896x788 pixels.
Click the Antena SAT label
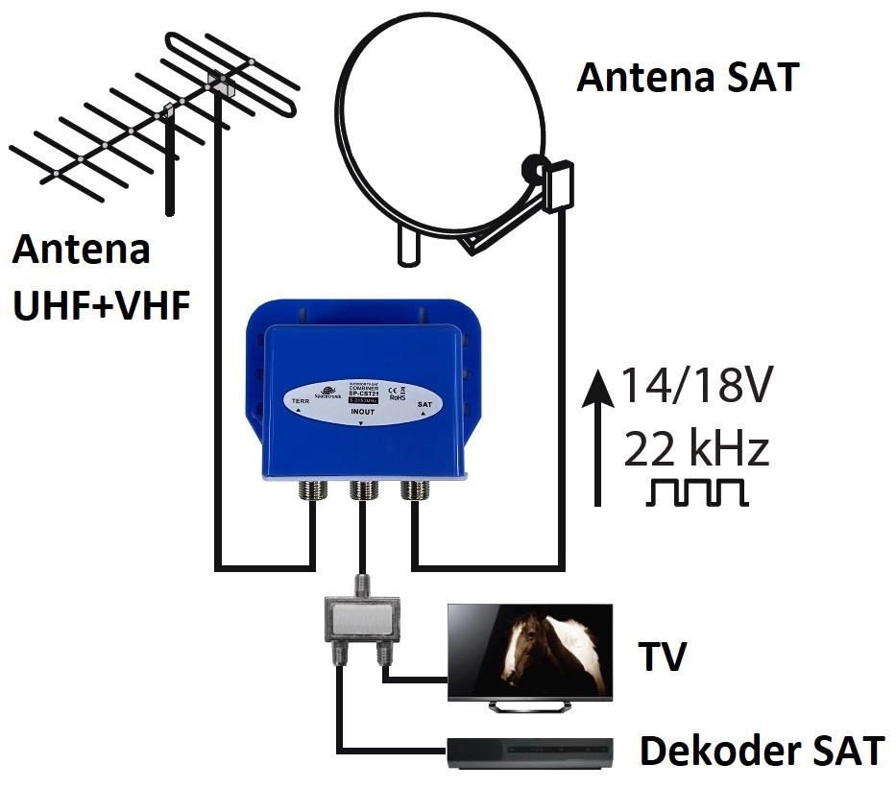687,78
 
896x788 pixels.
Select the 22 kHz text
695,448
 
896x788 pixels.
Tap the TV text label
663,658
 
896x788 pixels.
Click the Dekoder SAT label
762,752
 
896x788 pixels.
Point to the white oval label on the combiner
363,399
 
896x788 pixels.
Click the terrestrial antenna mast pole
171,163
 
